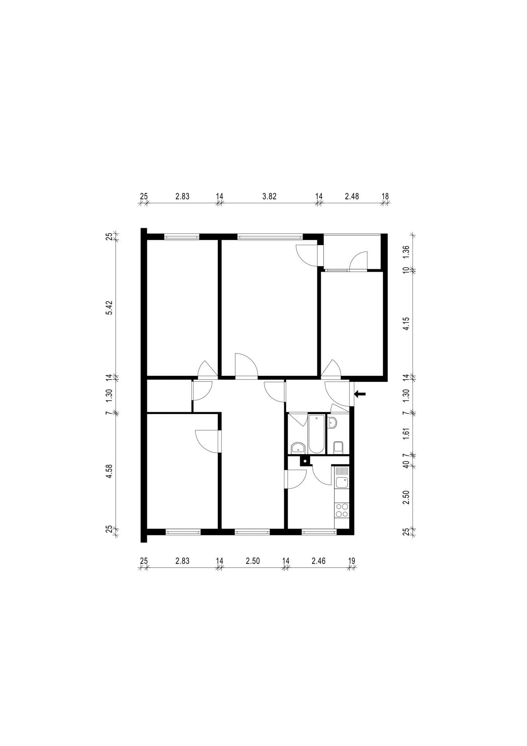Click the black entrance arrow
[360, 394]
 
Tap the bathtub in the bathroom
[317, 434]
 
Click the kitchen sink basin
[342, 483]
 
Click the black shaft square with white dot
[306, 461]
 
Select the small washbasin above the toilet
[332, 422]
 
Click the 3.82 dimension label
[269, 196]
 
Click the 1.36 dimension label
[406, 253]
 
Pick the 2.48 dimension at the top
[352, 196]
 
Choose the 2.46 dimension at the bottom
[318, 561]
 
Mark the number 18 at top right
[385, 196]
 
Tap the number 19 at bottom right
[352, 561]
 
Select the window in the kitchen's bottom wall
[319, 532]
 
